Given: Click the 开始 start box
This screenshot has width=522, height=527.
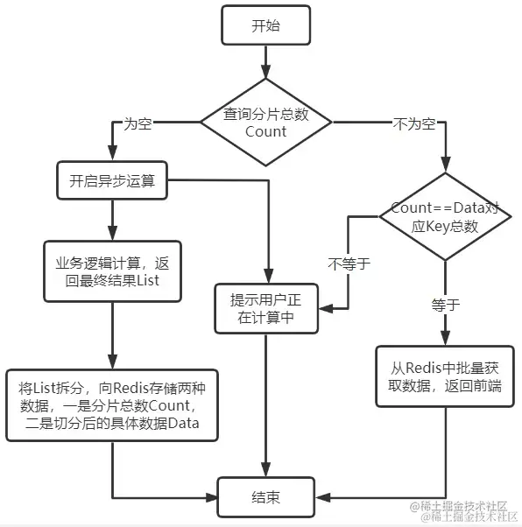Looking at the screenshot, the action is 265,25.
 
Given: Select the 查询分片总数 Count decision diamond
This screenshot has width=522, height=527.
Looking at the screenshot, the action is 265,122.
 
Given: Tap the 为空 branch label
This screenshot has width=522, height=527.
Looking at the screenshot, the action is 138,123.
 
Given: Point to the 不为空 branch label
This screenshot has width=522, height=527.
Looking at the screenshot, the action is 414,124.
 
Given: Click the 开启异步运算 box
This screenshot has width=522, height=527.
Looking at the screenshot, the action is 112,180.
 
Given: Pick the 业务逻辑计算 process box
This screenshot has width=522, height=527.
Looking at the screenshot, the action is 112,271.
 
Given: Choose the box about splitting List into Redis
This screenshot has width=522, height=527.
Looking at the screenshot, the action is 112,405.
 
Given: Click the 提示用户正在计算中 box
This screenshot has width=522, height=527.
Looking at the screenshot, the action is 266,308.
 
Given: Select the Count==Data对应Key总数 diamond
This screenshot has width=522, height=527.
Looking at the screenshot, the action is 445,216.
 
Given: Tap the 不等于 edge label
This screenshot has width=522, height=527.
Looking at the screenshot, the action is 349,263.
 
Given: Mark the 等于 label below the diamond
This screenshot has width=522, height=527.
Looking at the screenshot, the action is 445,305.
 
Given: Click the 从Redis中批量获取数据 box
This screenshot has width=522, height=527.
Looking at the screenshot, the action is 445,376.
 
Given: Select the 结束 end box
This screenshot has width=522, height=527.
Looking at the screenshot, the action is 265,497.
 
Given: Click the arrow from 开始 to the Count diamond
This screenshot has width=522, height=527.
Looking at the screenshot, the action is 265,62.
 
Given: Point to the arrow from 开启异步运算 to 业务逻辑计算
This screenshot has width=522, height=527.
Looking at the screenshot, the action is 112,221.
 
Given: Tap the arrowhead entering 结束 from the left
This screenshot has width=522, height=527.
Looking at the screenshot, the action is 212,497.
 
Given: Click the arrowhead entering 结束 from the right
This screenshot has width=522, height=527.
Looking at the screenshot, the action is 321,497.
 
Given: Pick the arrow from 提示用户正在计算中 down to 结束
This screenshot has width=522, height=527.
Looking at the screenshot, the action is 265,405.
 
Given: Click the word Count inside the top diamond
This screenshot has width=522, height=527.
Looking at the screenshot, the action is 265,131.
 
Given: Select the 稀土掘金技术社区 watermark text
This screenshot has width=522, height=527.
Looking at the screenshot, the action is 463,511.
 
